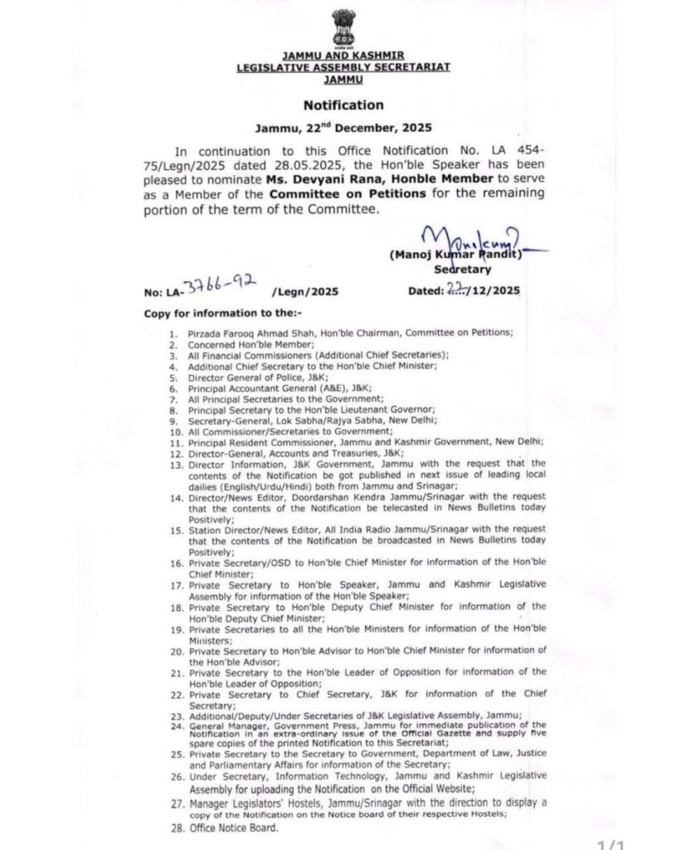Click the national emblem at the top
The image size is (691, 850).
click(x=343, y=28)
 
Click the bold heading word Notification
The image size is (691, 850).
click(x=343, y=105)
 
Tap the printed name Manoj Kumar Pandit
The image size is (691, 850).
click(x=456, y=256)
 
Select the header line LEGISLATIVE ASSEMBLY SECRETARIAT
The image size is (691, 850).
click(x=343, y=67)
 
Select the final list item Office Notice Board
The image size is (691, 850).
click(x=235, y=828)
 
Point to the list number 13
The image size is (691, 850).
click(x=174, y=464)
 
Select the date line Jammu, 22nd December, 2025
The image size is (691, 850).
click(x=343, y=129)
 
